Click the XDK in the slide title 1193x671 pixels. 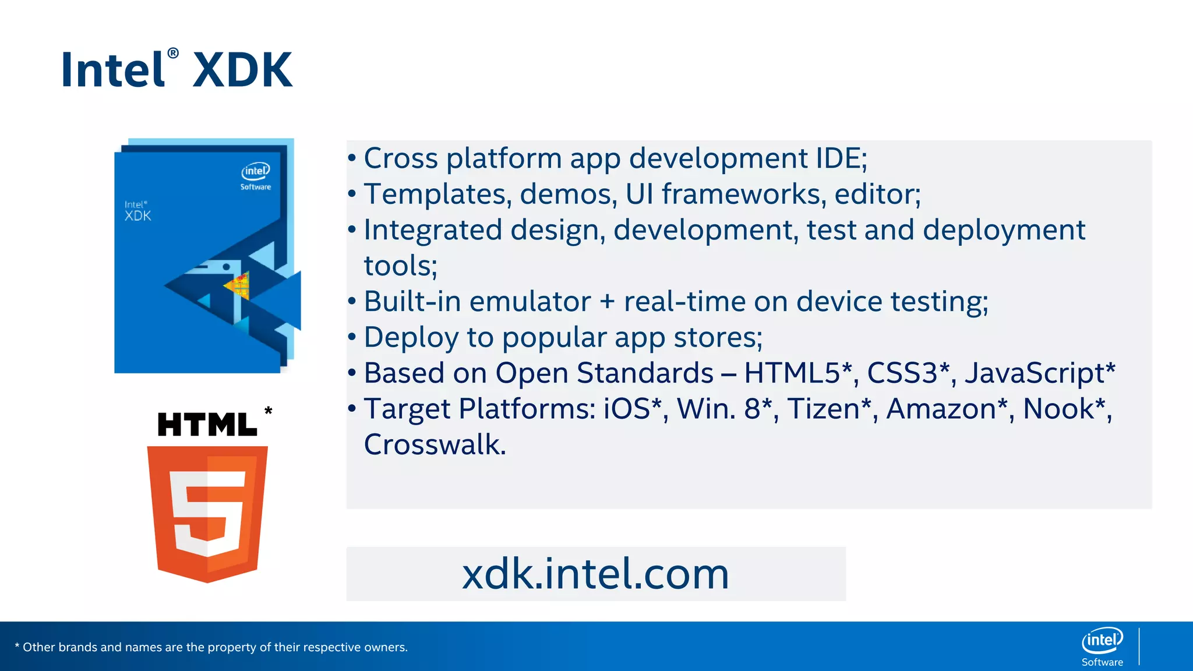tap(242, 70)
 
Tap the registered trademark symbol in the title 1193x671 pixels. tap(173, 54)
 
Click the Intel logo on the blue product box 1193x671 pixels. tap(256, 171)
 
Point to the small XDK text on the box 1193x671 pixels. tap(138, 216)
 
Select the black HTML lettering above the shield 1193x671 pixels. tap(207, 425)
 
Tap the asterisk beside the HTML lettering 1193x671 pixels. tap(268, 411)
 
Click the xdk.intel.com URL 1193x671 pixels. tap(595, 574)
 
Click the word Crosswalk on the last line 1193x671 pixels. tap(435, 445)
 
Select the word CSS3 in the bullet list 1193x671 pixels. tap(902, 373)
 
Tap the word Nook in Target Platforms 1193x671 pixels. tap(1058, 409)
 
